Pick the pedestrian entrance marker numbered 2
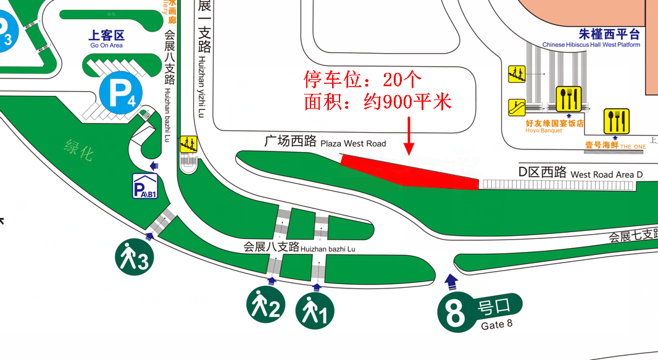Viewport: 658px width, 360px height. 266,305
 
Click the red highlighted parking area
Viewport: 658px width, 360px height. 410,172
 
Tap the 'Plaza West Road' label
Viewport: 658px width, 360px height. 353,143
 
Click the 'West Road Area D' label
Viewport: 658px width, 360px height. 606,175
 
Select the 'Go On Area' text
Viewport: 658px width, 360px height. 106,45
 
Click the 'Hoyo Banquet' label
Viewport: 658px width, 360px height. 544,130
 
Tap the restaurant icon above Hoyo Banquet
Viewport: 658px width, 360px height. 568,99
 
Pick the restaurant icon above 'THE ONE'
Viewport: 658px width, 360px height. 616,121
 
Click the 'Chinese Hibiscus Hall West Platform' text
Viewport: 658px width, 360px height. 591,44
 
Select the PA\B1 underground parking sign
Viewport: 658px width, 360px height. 146,186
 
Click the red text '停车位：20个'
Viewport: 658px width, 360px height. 363,79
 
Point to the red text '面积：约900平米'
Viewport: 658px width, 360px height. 378,101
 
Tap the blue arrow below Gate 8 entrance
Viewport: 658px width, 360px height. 451,282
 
